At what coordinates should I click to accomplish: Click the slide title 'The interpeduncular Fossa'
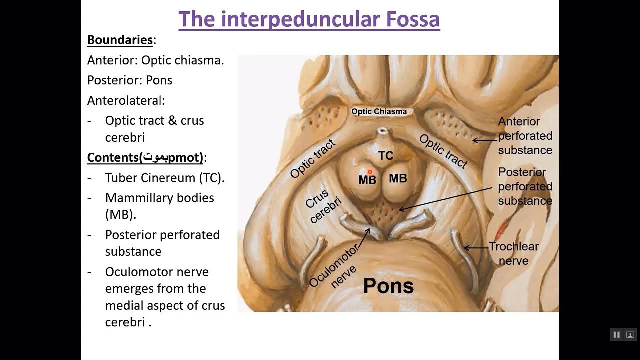(309, 19)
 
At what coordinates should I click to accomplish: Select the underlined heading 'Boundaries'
(120, 40)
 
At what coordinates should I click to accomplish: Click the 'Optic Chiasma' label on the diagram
(379, 111)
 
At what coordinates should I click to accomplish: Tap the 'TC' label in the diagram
(385, 156)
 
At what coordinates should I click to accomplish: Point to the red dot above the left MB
(370, 171)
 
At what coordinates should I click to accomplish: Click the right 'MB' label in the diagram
(398, 178)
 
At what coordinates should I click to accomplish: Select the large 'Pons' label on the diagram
(388, 286)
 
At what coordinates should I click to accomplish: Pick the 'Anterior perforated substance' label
(525, 136)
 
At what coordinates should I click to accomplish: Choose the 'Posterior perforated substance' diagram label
(525, 186)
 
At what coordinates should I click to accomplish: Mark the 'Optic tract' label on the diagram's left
(313, 159)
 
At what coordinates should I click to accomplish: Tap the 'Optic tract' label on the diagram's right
(443, 151)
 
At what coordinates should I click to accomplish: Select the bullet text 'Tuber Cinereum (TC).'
(165, 178)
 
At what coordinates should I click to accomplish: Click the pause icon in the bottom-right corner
(616, 334)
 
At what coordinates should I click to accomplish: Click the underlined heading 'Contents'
(113, 158)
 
